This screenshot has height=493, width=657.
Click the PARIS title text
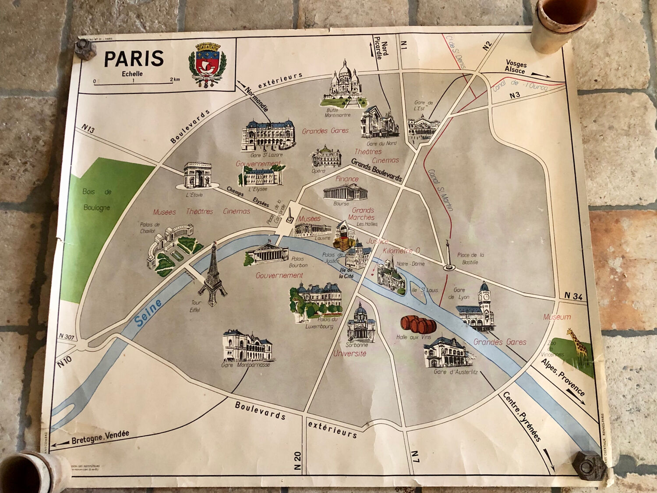click(x=134, y=58)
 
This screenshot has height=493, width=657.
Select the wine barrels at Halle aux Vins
click(x=418, y=324)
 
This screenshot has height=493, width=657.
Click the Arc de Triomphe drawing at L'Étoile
click(x=197, y=175)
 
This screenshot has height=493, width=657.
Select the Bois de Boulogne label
click(x=97, y=200)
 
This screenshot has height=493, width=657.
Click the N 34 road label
click(x=573, y=296)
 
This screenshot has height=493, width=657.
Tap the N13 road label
click(x=88, y=128)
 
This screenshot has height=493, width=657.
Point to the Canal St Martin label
click(x=440, y=190)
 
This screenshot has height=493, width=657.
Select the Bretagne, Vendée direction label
click(x=100, y=437)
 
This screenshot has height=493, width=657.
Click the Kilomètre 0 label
click(x=401, y=251)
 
